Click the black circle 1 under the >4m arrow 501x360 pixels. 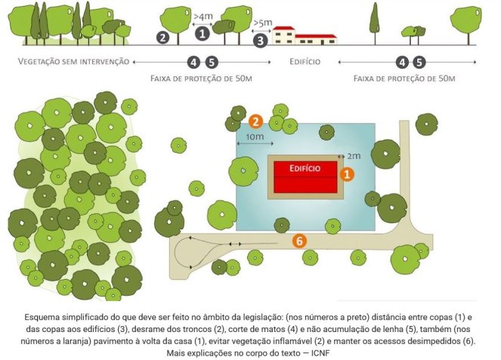pos(202,32)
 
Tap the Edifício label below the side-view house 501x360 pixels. pos(305,61)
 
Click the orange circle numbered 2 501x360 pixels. pos(256,121)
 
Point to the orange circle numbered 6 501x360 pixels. pos(300,241)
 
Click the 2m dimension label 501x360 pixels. pos(353,156)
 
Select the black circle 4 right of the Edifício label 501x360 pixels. pos(401,62)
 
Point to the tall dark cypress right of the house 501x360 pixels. pos(374,21)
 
